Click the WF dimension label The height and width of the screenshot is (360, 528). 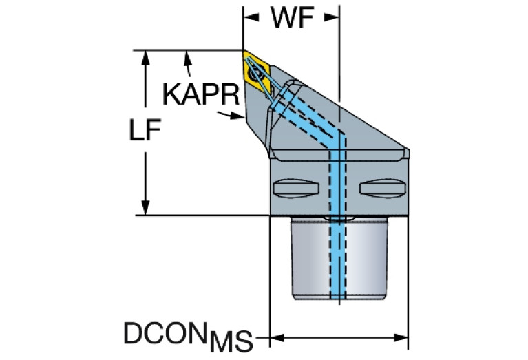click(x=293, y=18)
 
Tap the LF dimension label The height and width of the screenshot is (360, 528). click(x=145, y=130)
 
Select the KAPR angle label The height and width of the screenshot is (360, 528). click(x=201, y=94)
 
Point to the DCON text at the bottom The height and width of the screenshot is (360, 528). click(x=165, y=333)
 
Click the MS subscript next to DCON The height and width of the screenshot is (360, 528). click(x=231, y=341)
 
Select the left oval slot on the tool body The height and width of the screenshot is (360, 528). click(x=295, y=188)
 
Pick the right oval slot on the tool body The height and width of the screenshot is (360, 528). click(x=383, y=188)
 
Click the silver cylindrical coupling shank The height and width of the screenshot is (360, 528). click(x=339, y=258)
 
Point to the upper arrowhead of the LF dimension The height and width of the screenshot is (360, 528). click(x=145, y=58)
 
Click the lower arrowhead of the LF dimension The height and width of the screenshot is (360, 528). click(x=145, y=207)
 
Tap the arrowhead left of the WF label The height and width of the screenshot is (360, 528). click(x=251, y=17)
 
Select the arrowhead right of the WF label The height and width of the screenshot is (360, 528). click(x=332, y=17)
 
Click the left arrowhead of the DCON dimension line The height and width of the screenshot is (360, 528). click(x=278, y=337)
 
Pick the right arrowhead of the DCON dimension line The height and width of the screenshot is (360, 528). click(x=401, y=337)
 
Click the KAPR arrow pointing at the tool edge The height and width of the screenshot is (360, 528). click(x=231, y=115)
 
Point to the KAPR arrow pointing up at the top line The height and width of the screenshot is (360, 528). click(x=187, y=63)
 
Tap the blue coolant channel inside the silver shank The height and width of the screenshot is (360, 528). click(x=338, y=258)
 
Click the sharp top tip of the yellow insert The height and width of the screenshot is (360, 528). click(x=243, y=51)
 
